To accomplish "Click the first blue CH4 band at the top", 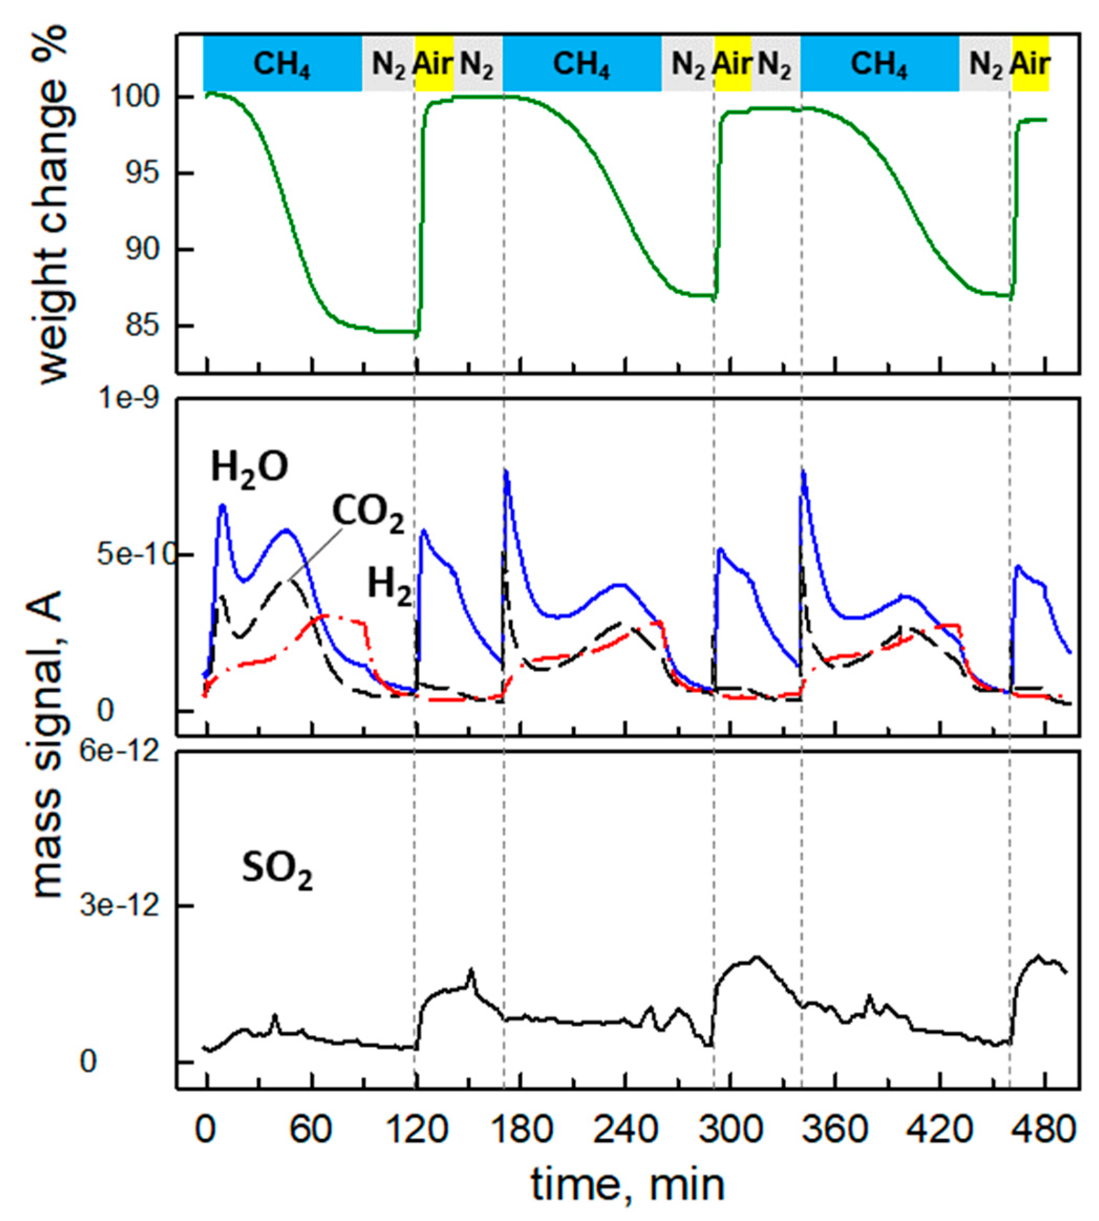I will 282,63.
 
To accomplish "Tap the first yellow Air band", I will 434,63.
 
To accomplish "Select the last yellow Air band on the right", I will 1030,63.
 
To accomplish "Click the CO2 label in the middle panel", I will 368,515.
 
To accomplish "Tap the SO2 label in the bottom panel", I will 277,872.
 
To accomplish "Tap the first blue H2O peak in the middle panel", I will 222,506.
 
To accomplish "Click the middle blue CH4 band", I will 581,63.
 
